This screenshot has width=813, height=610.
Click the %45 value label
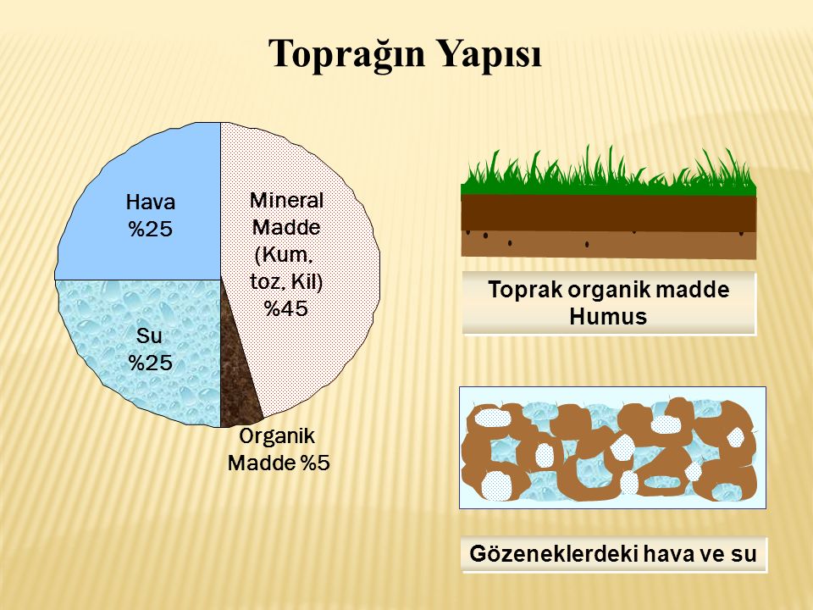285,309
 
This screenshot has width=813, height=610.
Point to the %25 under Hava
150,229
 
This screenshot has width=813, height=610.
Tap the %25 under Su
150,363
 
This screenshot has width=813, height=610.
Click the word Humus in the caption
609,318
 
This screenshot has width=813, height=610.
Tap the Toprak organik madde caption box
609,303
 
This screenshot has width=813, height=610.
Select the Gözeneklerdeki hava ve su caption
614,555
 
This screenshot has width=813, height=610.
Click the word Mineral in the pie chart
286,201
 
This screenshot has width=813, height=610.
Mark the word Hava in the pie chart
150,202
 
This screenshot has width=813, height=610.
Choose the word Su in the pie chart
150,336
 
